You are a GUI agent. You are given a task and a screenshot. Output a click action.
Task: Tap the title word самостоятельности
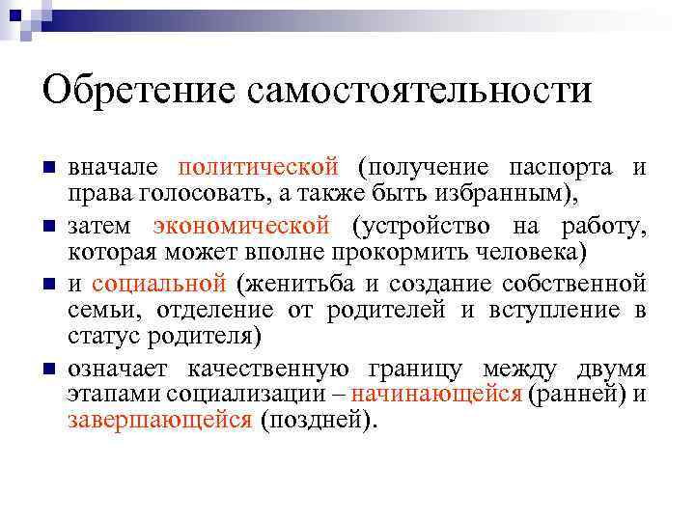[420, 92]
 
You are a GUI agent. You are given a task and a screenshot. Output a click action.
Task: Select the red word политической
[259, 167]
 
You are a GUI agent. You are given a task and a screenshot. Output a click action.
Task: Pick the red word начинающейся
[436, 394]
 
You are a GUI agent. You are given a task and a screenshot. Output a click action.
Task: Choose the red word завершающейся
[160, 420]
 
